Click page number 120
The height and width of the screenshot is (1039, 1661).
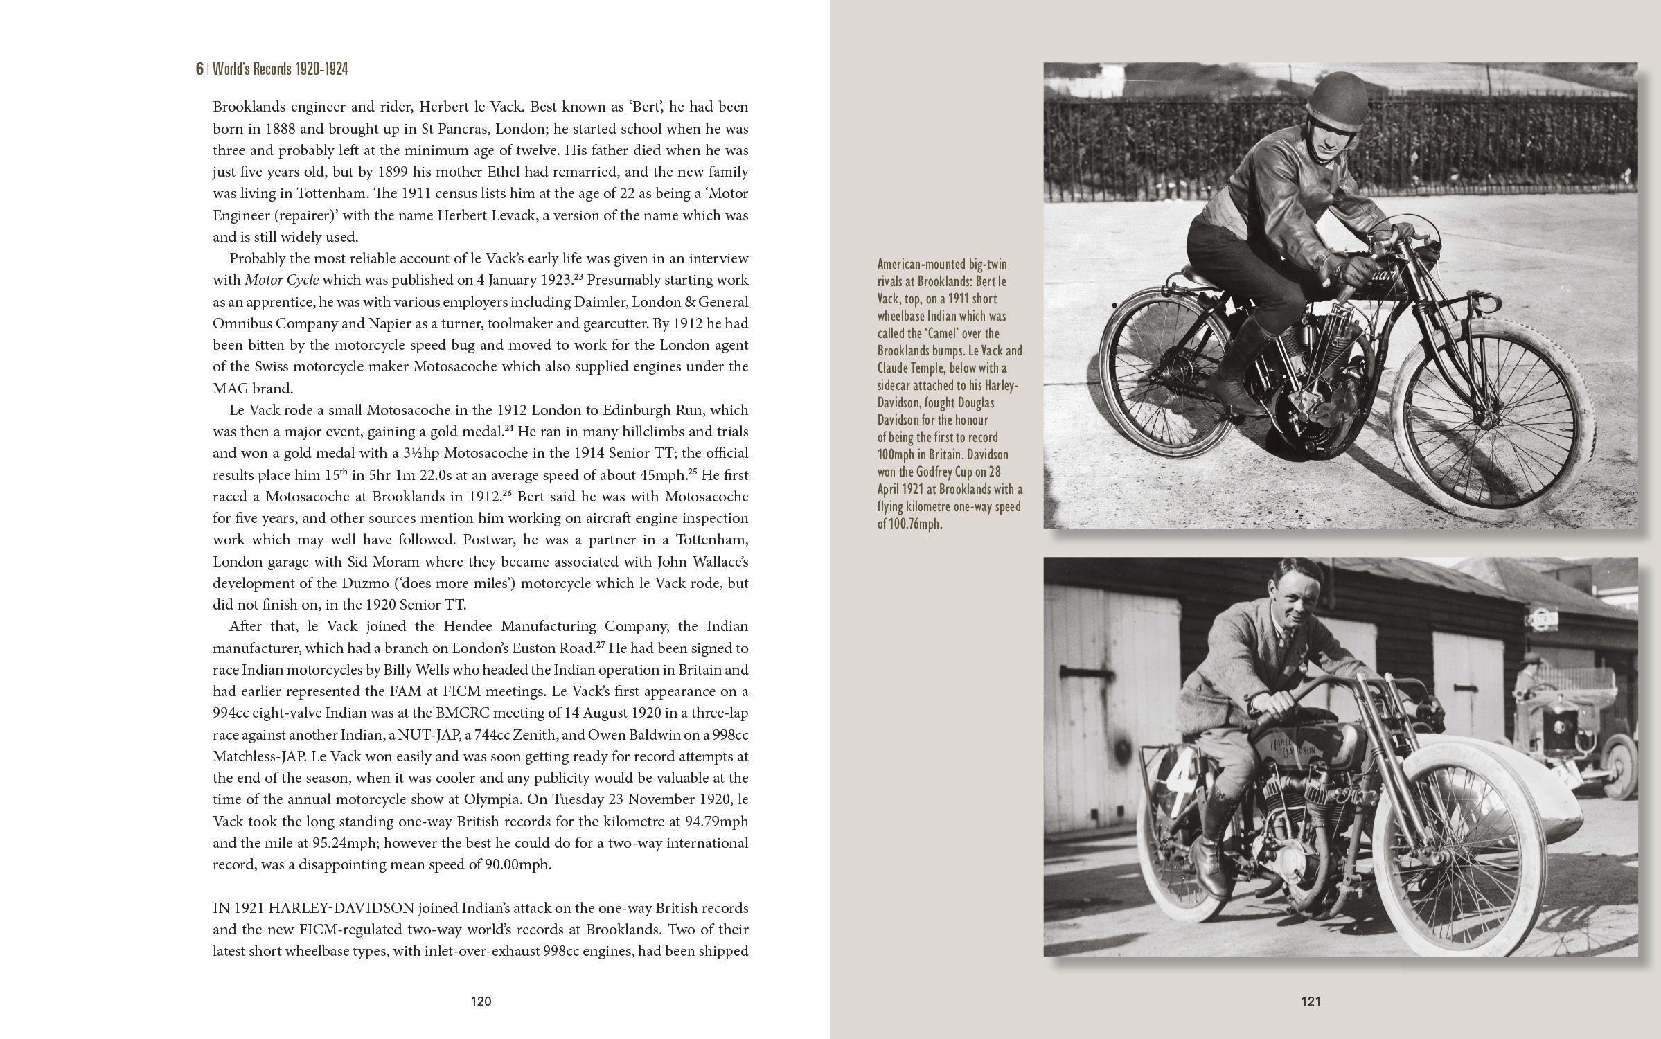click(x=481, y=1001)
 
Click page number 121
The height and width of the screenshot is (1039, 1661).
click(x=1311, y=1001)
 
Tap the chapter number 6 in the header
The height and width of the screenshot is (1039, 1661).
click(x=199, y=69)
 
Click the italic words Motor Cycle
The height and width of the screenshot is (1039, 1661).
click(x=282, y=281)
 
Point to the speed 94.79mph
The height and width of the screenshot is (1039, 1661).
click(x=713, y=822)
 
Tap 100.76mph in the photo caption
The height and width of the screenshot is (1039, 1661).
click(x=910, y=524)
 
